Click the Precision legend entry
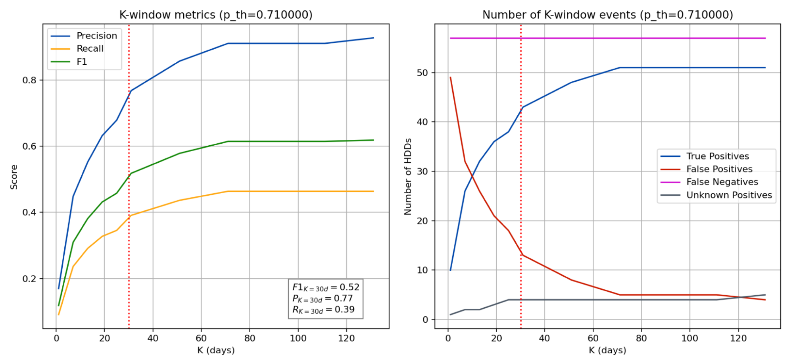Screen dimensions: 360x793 [x=96, y=36]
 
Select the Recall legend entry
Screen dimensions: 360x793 [x=90, y=49]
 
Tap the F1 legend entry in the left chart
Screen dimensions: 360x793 [x=81, y=62]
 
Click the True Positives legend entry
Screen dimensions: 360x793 [x=717, y=156]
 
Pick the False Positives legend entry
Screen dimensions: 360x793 [x=719, y=169]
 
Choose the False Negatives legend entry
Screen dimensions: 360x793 [x=722, y=182]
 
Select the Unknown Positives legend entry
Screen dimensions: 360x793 [x=729, y=195]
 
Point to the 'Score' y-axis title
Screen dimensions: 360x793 [x=14, y=177]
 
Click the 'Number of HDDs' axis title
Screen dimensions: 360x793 [x=408, y=177]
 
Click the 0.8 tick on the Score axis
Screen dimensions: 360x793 [x=29, y=80]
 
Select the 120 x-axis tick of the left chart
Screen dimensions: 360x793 [x=346, y=339]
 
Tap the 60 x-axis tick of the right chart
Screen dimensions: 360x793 [x=593, y=339]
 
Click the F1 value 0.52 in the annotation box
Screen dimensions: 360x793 [x=349, y=287]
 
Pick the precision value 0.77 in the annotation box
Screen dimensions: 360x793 [x=343, y=298]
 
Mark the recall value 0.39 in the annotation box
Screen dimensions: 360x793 [x=344, y=310]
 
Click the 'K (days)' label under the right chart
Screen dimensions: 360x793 [x=607, y=350]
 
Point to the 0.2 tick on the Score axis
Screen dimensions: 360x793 [x=29, y=279]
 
